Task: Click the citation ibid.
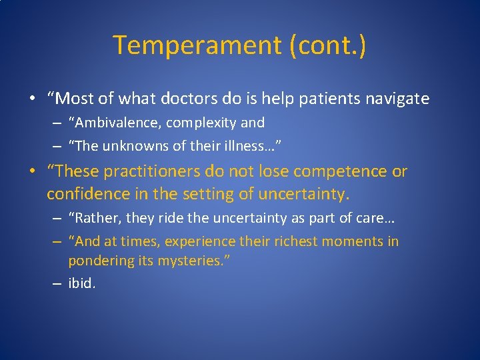click(x=82, y=283)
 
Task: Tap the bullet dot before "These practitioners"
click(x=32, y=172)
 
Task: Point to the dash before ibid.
click(x=58, y=283)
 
